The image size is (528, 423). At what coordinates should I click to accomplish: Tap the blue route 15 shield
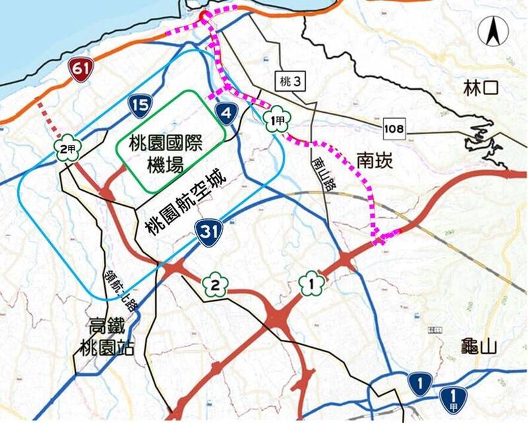coord(139,105)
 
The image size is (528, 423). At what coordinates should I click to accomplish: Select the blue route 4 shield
coord(226,113)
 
